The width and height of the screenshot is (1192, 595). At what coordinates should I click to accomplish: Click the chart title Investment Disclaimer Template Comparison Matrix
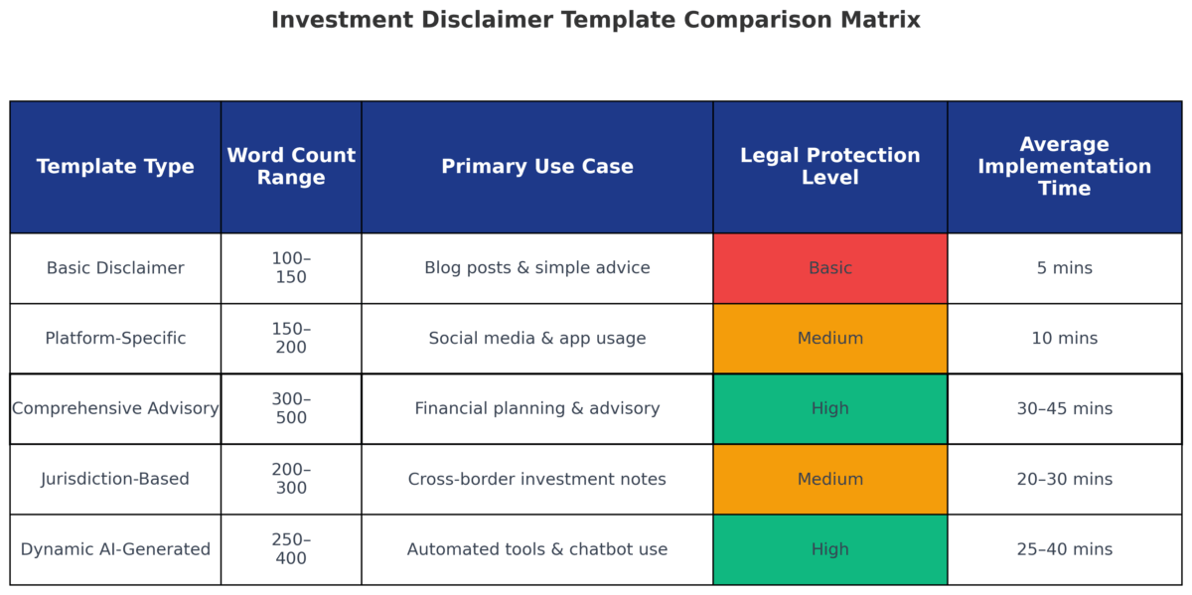tap(596, 20)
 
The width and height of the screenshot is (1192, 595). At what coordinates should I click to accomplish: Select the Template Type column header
tap(115, 167)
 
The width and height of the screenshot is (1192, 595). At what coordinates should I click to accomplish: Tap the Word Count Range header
tap(291, 167)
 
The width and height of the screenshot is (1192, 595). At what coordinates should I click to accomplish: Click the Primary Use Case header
tap(537, 167)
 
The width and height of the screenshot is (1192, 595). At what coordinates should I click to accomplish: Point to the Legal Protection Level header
tap(830, 167)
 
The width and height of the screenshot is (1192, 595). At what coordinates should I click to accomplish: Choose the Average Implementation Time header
tap(1064, 167)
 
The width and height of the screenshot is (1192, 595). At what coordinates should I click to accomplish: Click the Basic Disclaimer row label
tap(115, 268)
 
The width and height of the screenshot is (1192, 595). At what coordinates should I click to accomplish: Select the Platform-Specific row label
tap(115, 339)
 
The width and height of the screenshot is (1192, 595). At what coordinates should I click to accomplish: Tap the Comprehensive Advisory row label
tap(115, 408)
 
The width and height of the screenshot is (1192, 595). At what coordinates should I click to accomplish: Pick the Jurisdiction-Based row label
tap(115, 479)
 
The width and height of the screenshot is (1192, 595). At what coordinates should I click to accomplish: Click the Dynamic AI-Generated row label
tap(115, 549)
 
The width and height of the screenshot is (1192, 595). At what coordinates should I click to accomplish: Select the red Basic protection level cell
tap(830, 268)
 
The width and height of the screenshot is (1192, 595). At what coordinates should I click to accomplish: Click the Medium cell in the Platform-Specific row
tap(830, 339)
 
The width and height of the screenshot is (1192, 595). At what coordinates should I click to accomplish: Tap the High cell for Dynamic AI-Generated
tap(830, 549)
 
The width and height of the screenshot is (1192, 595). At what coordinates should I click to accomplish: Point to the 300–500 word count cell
tap(291, 408)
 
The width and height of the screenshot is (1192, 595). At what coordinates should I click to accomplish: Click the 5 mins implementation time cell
tap(1064, 268)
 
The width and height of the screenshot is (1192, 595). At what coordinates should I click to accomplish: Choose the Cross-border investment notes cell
tap(537, 479)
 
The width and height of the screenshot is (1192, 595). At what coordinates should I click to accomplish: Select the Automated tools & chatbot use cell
tap(537, 549)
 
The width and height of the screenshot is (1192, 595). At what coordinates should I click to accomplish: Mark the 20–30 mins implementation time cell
tap(1064, 479)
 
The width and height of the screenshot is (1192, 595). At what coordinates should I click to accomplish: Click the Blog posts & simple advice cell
tap(537, 268)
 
